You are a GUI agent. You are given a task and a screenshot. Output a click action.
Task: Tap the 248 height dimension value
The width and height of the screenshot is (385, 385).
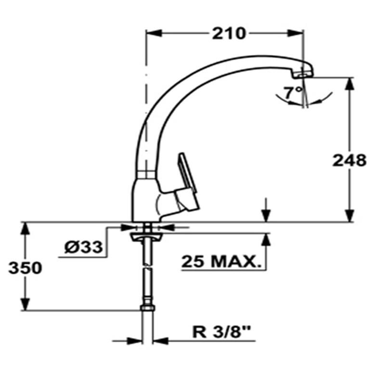tap(349, 160)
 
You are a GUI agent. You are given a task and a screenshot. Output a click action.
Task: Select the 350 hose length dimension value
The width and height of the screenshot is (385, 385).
tap(25, 268)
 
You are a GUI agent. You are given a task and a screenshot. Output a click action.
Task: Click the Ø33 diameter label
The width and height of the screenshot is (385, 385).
tap(83, 247)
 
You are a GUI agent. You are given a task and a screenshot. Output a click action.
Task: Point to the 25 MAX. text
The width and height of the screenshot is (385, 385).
tap(219, 262)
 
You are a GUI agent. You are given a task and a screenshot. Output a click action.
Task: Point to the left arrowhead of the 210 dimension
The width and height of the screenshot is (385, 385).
tap(153, 34)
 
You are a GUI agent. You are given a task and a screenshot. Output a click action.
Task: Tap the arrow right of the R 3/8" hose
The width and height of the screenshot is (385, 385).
tap(162, 341)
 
